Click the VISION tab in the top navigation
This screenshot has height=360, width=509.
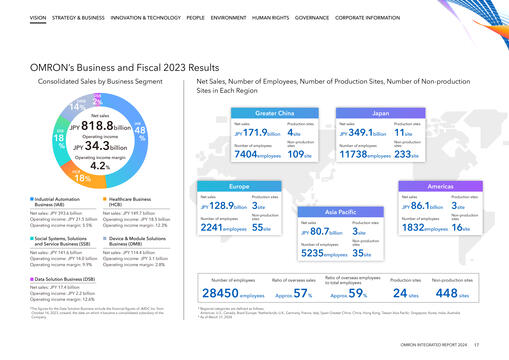[37, 18]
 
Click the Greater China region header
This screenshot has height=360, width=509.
[264, 114]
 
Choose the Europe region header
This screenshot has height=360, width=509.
[239, 186]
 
